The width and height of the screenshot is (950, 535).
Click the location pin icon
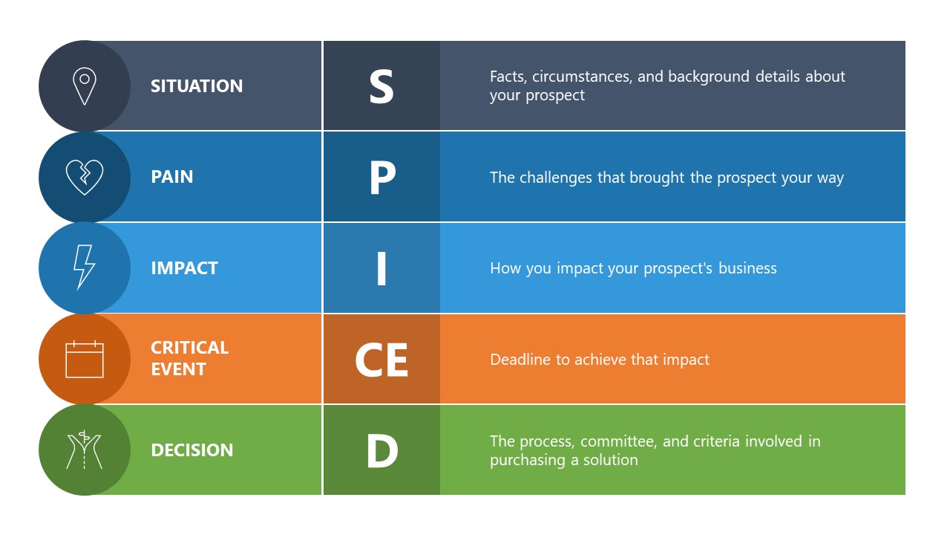pos(85,86)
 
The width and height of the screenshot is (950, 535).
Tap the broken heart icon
pos(85,178)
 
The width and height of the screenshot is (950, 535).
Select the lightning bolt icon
pos(84,267)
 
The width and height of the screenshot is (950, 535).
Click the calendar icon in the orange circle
pos(85,360)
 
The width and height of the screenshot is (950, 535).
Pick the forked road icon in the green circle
pos(85,450)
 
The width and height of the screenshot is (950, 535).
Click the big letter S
pos(381,87)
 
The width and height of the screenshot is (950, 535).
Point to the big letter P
pos(382,178)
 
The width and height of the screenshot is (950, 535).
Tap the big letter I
pos(381,269)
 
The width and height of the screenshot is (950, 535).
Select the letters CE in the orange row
pos(381,360)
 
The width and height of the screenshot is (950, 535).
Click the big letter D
pos(382,451)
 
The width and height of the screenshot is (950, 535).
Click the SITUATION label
pos(197,86)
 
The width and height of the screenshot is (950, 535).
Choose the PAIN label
pos(172,177)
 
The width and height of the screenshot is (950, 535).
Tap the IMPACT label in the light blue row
pos(184,268)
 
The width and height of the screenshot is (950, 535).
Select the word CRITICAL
pos(190,348)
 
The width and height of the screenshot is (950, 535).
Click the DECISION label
pos(192,450)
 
